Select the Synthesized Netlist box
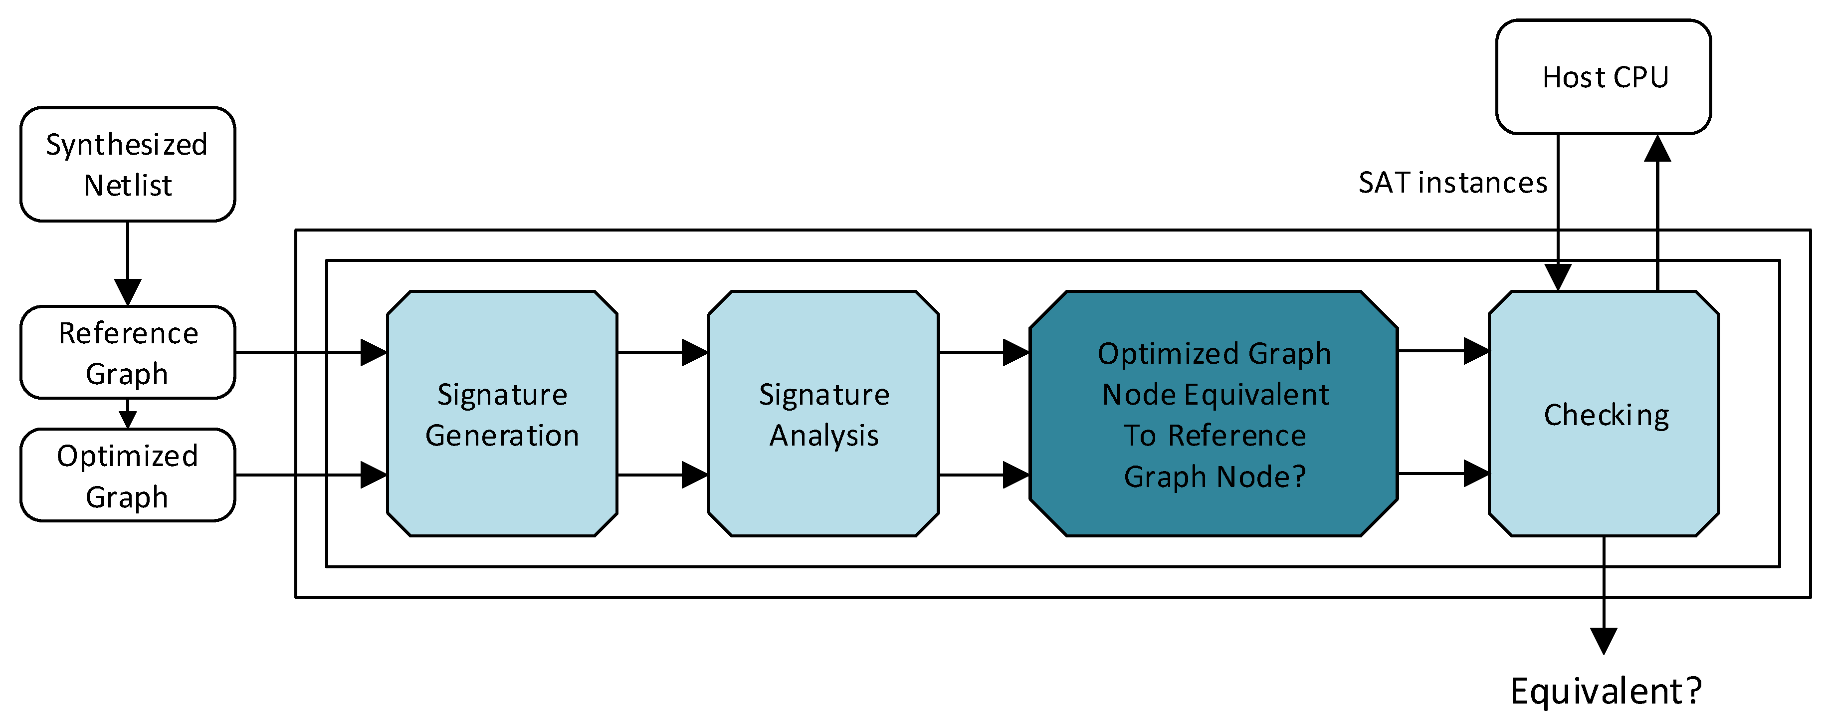[128, 164]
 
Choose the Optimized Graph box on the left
[128, 475]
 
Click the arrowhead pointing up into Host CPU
[1657, 149]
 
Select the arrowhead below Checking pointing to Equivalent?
[1604, 640]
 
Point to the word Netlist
[128, 186]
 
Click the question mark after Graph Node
[1299, 476]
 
